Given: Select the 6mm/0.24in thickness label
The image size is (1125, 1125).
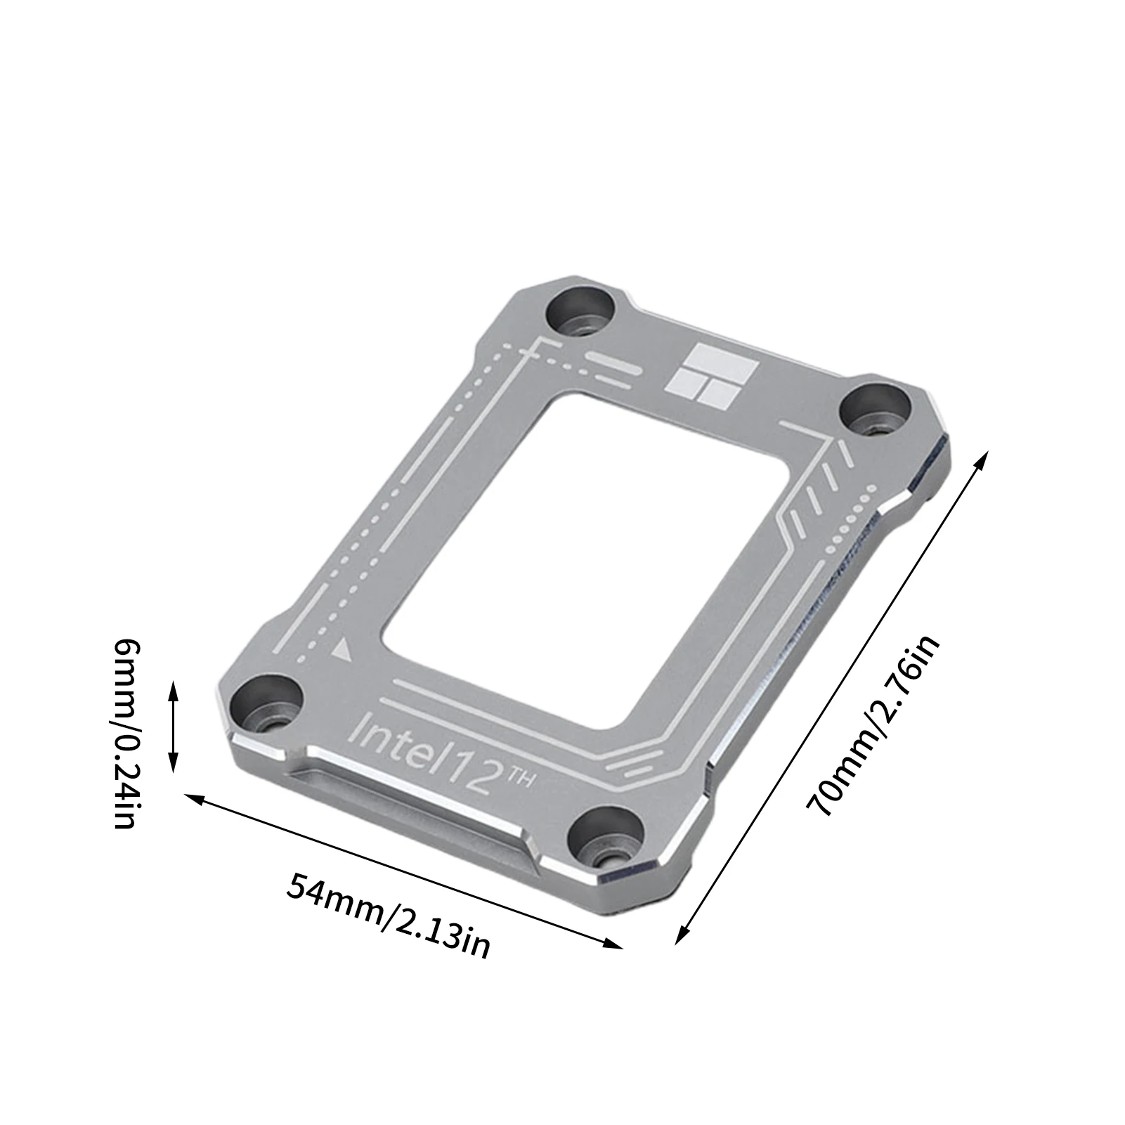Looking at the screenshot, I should point(124,733).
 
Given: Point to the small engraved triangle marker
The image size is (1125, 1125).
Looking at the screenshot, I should point(343,649).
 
